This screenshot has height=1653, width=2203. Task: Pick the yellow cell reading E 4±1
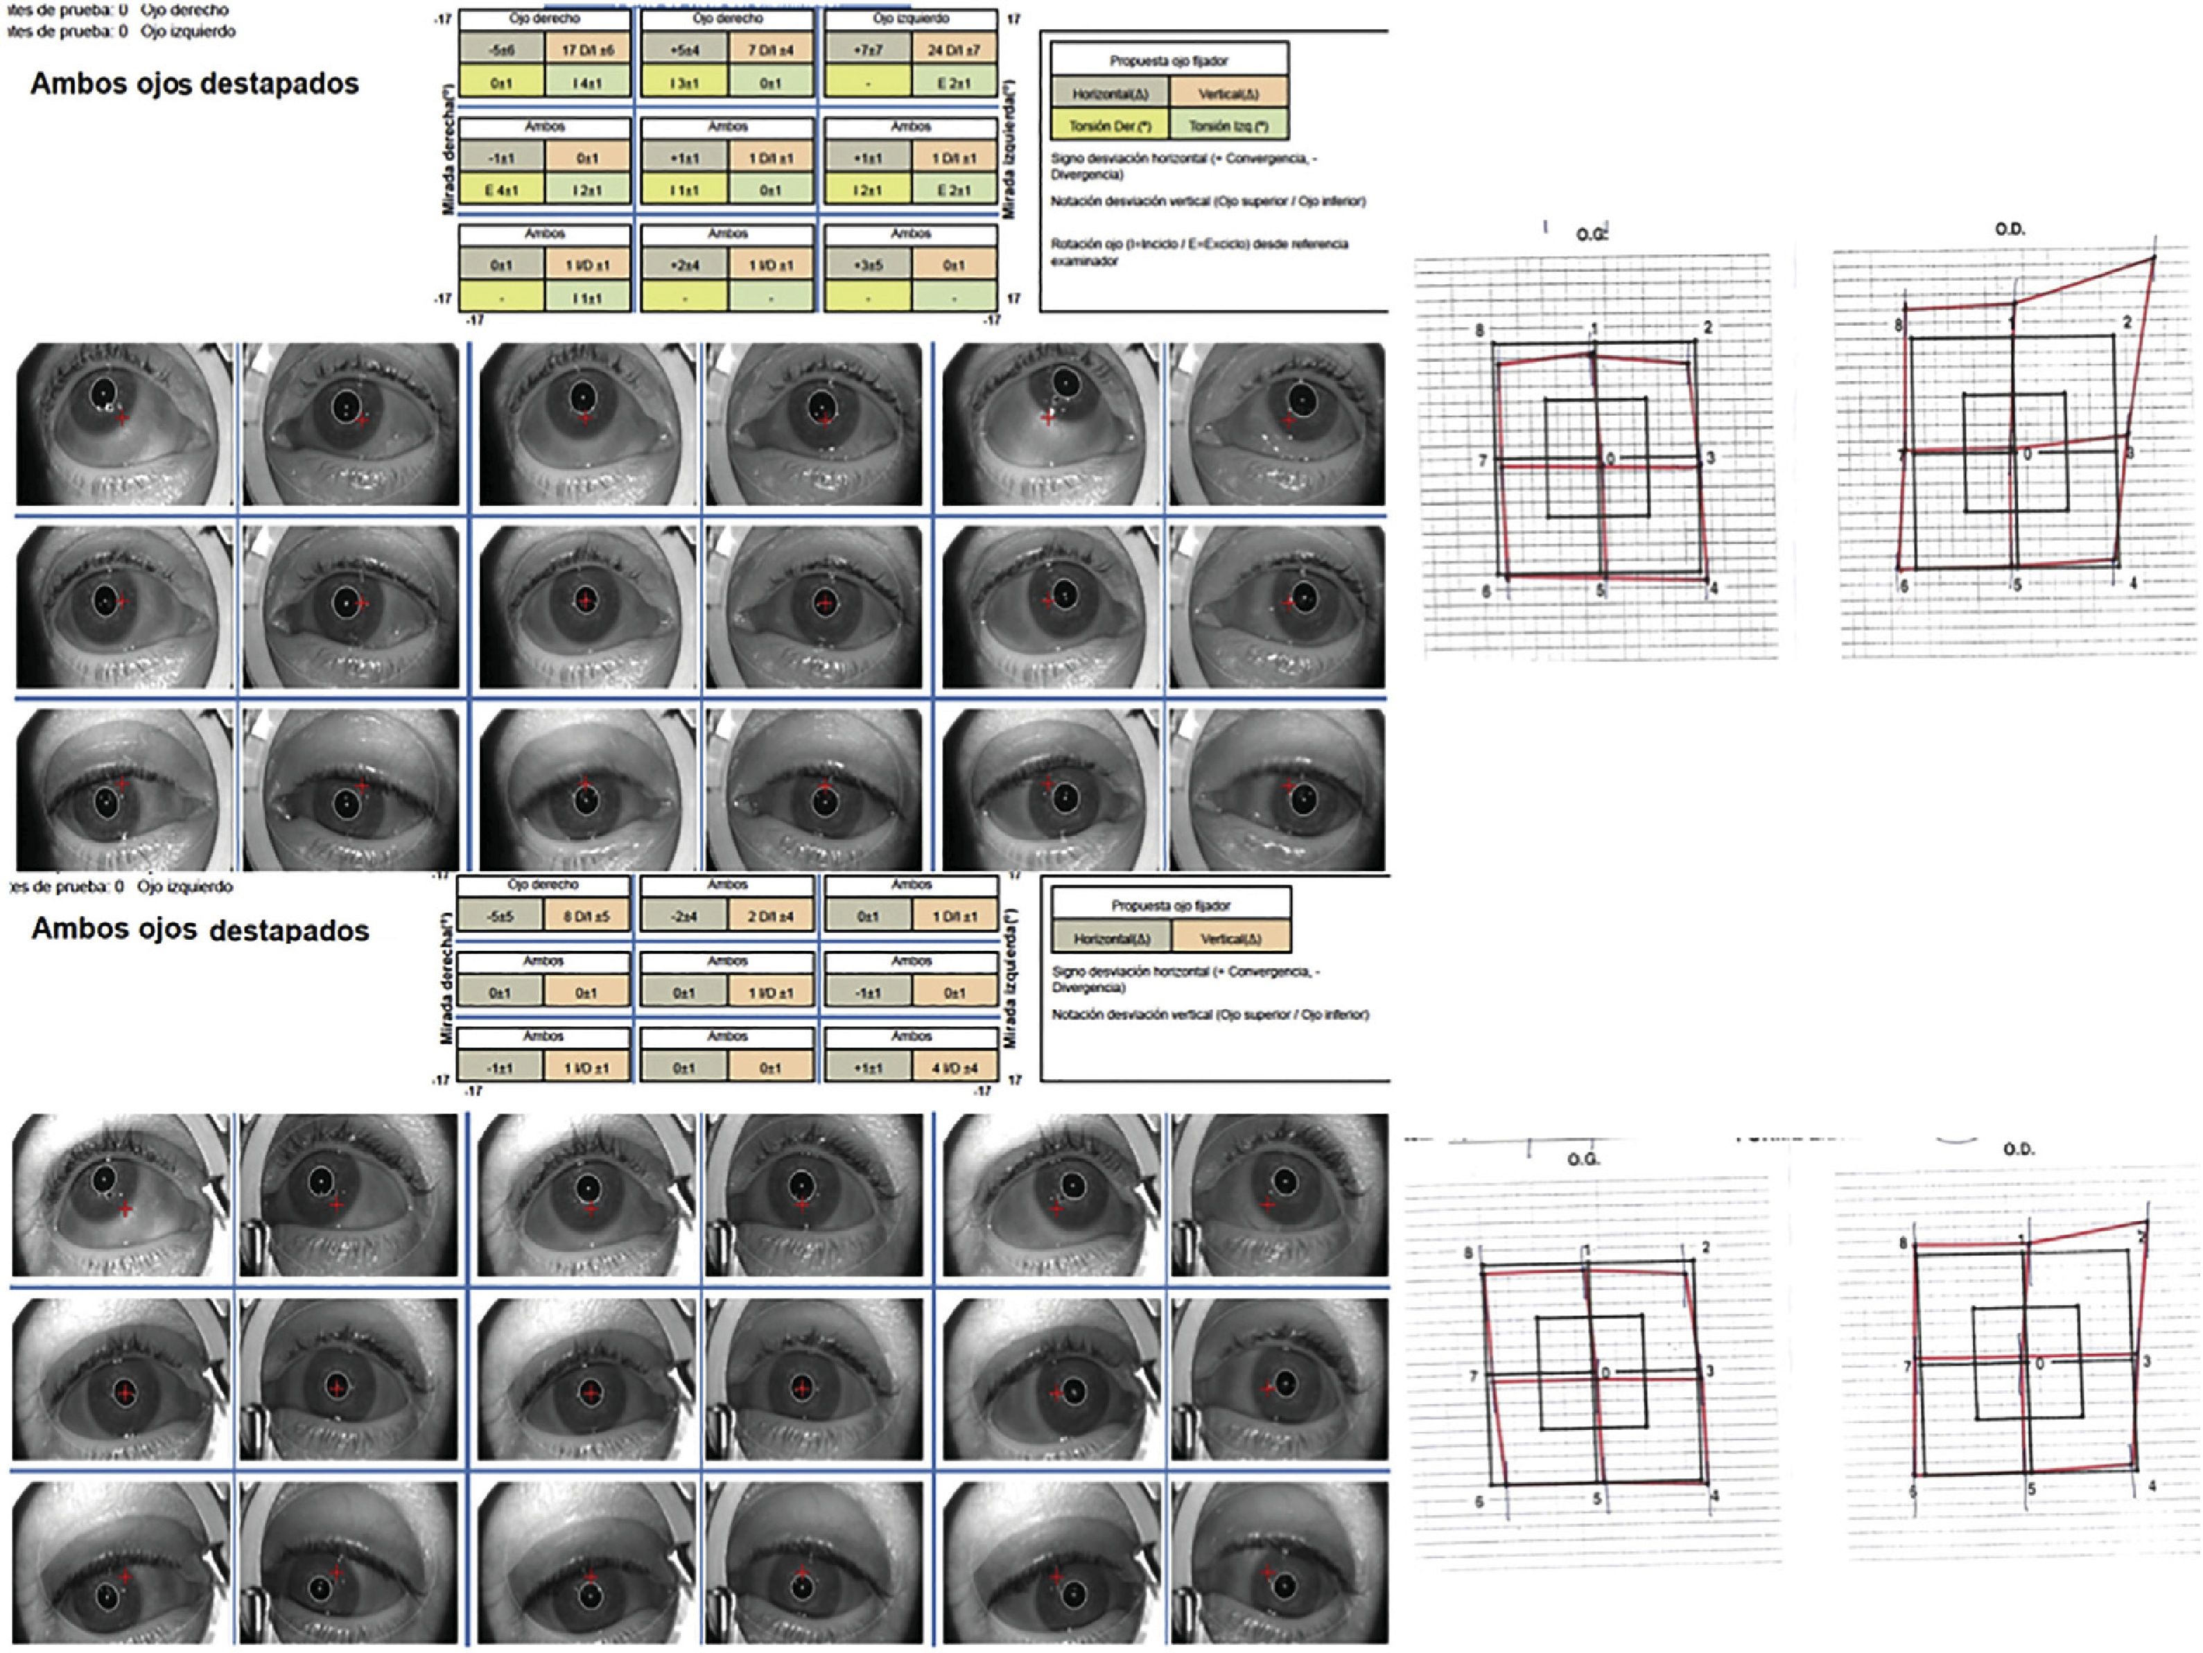click(501, 189)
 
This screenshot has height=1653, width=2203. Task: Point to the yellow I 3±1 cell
click(684, 82)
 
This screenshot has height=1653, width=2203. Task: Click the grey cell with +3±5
click(867, 265)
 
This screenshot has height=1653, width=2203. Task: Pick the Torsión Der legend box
click(1109, 125)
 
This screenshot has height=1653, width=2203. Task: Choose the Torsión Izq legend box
click(1228, 125)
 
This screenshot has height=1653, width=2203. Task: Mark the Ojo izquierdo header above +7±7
click(910, 19)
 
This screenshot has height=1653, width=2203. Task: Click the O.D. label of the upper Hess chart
click(2009, 229)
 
